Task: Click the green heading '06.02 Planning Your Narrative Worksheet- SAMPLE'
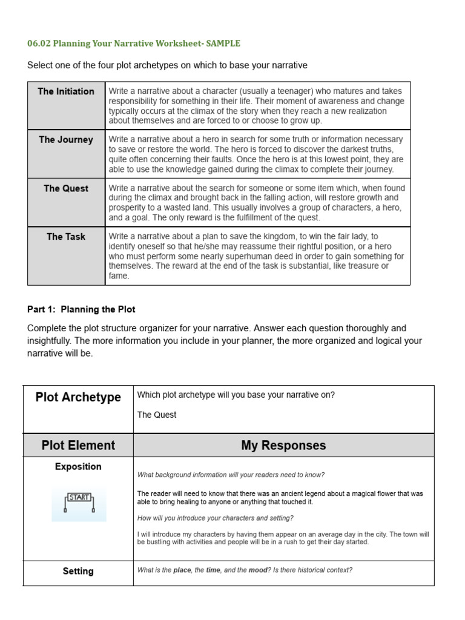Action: coord(134,43)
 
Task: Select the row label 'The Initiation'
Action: coord(66,91)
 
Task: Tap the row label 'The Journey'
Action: coord(66,140)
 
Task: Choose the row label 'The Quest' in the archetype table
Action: coord(66,188)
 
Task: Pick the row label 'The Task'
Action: coord(66,237)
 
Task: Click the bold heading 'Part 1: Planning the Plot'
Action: coord(81,309)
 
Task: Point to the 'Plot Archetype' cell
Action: coord(78,397)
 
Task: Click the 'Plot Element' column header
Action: coord(78,445)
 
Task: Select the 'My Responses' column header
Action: coord(283,445)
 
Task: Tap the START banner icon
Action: coord(79,502)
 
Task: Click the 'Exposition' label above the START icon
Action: coord(78,467)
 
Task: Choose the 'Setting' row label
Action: coord(78,571)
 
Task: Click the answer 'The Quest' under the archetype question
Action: coord(157,415)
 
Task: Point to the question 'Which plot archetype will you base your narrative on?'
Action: coord(236,395)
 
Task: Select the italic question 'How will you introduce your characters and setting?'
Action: coord(216,518)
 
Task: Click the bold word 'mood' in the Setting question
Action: coord(258,570)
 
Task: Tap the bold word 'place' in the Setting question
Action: coord(182,570)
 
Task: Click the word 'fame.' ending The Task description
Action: coord(119,276)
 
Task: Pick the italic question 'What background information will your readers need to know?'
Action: coord(231,475)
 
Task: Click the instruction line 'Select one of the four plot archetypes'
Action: coord(167,65)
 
